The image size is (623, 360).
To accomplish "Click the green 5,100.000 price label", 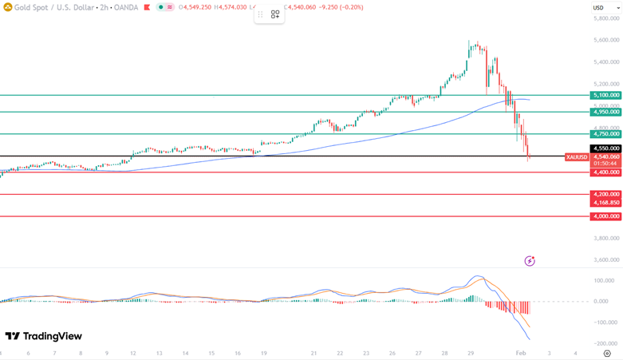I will click(x=605, y=95).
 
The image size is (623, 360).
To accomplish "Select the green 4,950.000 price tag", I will click(x=605, y=112).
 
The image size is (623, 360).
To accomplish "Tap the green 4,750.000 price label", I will click(x=605, y=134).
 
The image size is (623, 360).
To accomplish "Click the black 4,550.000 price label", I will click(x=605, y=148).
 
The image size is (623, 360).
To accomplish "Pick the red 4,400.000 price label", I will click(x=605, y=172).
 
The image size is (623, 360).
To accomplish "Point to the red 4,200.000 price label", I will click(x=605, y=194).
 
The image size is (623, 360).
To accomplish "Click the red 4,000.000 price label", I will click(x=605, y=216).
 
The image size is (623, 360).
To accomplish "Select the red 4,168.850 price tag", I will click(x=605, y=203).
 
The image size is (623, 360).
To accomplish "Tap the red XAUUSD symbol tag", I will click(x=577, y=157).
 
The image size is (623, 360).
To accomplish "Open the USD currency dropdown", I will click(x=598, y=8).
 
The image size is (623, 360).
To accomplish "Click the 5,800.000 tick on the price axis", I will click(x=607, y=18).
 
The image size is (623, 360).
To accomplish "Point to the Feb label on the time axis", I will click(x=521, y=353).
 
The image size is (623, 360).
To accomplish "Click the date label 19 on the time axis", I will click(x=262, y=353).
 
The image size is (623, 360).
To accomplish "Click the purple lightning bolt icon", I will click(x=530, y=261).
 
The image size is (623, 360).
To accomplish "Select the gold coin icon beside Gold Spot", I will click(x=7, y=7).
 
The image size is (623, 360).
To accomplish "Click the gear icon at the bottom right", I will click(x=607, y=353).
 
